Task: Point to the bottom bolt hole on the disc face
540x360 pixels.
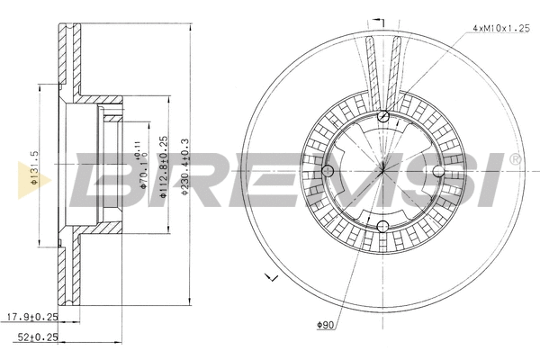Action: click(383, 226)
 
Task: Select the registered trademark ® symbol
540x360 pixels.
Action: click(515, 159)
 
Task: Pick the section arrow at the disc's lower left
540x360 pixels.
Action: click(267, 276)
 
